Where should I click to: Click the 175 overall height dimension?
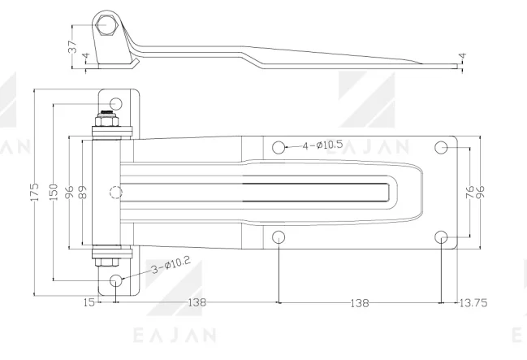point(35,192)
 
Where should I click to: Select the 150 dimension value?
point(54,192)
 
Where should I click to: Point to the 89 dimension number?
point(83,192)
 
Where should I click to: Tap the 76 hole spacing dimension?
point(470,192)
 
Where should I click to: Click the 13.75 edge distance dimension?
point(473,303)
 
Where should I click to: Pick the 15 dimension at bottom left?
point(89,302)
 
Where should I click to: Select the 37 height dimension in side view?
point(72,47)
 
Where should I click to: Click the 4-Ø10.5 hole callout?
point(322,145)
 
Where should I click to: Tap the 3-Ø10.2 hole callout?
point(171,265)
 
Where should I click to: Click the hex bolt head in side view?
point(106,25)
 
